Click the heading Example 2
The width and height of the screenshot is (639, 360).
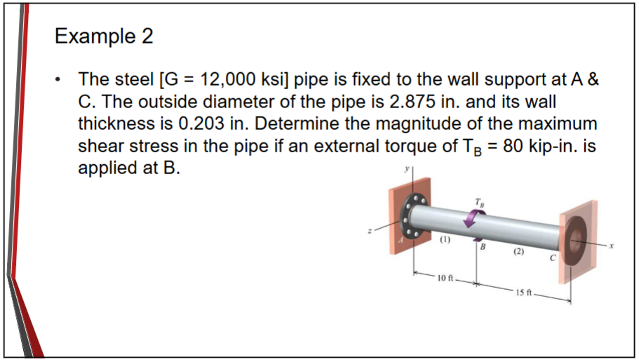click(x=104, y=36)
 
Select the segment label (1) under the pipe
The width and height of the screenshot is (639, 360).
click(x=445, y=239)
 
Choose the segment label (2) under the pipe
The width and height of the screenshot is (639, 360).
click(x=518, y=251)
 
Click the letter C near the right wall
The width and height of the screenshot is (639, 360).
click(x=553, y=260)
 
